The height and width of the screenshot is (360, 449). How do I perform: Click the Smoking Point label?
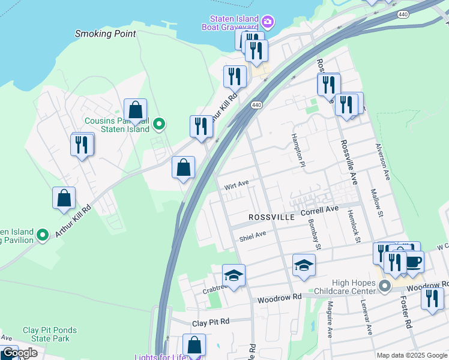point(106,34)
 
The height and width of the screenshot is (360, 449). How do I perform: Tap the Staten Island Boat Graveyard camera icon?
point(268,23)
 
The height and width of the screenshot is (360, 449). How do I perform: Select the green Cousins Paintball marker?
point(158,124)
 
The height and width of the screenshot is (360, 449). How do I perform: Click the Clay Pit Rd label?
point(211,323)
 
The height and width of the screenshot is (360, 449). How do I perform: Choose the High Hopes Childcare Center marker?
point(385,287)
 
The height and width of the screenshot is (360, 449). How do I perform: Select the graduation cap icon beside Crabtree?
point(234,275)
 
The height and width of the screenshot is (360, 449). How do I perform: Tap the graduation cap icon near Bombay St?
point(304,265)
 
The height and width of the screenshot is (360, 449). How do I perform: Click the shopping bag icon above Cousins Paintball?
point(136,110)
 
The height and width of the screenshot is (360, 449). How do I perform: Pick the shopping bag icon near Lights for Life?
point(194,344)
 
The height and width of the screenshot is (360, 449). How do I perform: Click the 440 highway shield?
point(256,105)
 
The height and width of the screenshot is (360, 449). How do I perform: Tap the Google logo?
point(19,353)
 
